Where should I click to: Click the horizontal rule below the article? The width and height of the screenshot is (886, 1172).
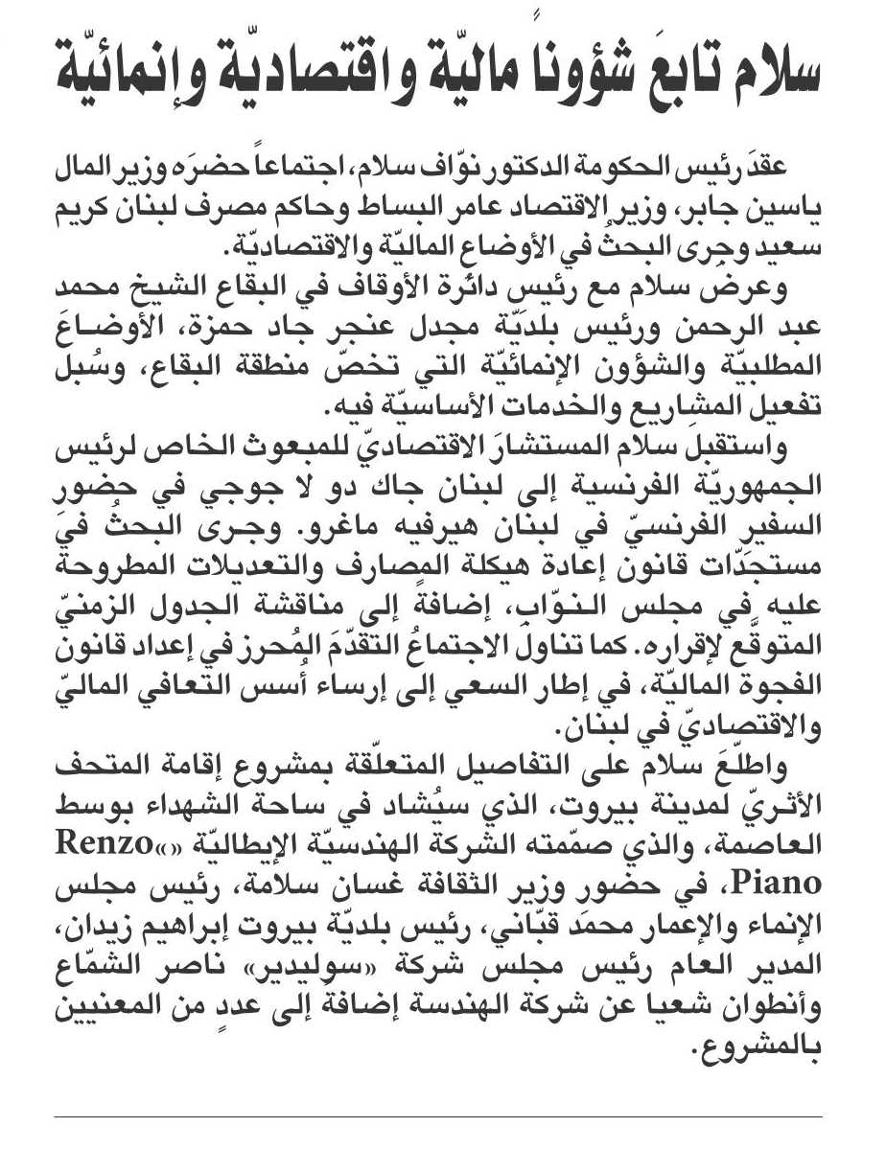(437, 1116)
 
